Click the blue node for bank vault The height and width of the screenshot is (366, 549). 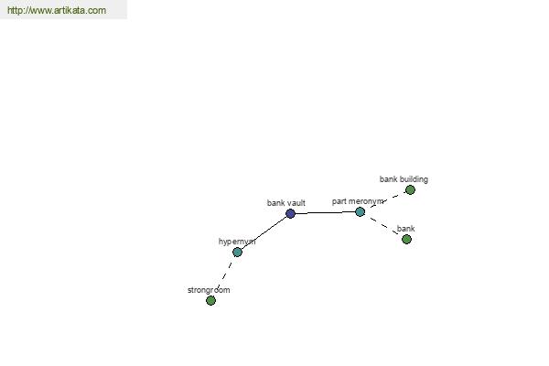[290, 213]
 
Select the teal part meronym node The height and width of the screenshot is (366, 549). [360, 211]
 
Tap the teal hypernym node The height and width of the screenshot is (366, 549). [237, 252]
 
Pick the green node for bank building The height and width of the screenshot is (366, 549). [410, 189]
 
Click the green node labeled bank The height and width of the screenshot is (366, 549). [406, 239]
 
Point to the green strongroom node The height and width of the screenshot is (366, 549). [210, 300]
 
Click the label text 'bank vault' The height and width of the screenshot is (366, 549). [286, 203]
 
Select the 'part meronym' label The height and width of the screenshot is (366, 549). [358, 201]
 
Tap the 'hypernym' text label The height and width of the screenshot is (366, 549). [237, 242]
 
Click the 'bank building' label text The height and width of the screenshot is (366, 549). [404, 179]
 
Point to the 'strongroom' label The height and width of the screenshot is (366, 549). [209, 290]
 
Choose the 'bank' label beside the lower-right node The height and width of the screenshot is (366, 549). [405, 229]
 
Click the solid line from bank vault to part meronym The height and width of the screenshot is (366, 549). [325, 212]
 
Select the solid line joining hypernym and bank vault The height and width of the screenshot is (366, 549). [264, 232]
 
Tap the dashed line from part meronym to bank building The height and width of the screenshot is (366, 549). [385, 200]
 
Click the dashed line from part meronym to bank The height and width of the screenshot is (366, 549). [383, 226]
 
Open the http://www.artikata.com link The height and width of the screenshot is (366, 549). [57, 10]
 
